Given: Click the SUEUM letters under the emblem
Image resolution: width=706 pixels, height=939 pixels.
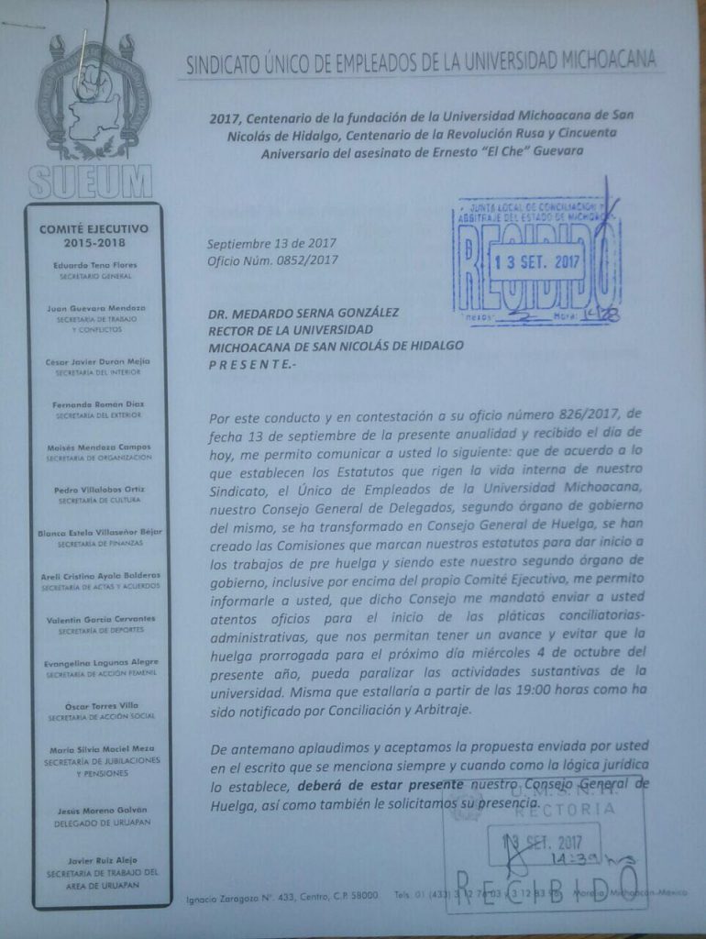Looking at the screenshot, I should coord(90,181).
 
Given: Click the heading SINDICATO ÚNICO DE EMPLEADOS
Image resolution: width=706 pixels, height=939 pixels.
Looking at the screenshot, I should coord(421,63).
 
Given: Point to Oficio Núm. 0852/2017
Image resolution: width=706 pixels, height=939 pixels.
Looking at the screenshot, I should coord(272,260).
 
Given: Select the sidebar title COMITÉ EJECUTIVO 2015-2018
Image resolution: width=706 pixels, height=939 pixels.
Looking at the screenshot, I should coord(101,235).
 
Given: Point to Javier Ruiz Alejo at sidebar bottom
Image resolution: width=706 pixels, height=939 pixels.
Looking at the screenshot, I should coord(100,859).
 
